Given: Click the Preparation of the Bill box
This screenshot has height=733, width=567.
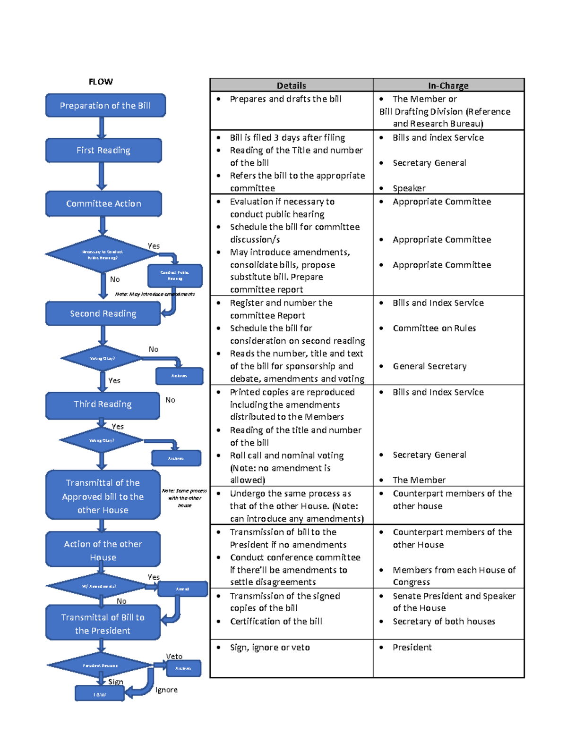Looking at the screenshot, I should [x=105, y=106].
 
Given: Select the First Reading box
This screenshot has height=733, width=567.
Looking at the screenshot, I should [x=103, y=151].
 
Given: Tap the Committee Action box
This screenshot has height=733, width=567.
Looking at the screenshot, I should [x=103, y=204].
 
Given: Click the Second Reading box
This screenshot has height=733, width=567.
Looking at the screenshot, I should [x=103, y=314].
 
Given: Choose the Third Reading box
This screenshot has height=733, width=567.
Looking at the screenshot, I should [x=103, y=404].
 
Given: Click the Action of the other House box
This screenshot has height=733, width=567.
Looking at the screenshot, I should [x=103, y=550].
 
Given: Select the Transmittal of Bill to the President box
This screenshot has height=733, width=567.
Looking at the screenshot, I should [x=103, y=623].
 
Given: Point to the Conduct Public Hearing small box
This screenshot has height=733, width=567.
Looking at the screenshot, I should [x=175, y=276].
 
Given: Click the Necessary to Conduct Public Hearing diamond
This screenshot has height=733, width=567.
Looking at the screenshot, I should [x=102, y=254].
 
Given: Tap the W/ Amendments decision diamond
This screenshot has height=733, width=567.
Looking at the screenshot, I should [x=99, y=586].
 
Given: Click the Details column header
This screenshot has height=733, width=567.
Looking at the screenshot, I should [x=291, y=85].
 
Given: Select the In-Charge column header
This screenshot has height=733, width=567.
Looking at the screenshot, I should [x=448, y=85].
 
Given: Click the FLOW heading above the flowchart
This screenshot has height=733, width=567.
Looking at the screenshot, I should [x=101, y=82].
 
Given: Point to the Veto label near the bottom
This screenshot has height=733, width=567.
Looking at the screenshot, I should [x=174, y=656].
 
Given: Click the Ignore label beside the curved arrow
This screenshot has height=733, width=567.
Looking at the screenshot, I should [x=166, y=690].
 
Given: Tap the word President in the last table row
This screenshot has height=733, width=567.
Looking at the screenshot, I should [x=412, y=647].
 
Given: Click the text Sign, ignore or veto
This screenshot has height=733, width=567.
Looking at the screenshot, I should [x=270, y=647].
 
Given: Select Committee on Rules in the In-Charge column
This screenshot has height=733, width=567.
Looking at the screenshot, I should [x=434, y=328].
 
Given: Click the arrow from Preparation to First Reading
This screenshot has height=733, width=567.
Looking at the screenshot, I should [x=102, y=127].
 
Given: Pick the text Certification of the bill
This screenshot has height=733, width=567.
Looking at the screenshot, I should [x=276, y=621].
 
